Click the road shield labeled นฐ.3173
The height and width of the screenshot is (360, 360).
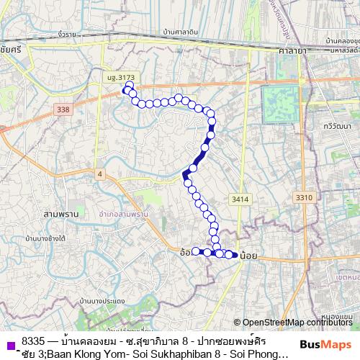(x=120, y=78)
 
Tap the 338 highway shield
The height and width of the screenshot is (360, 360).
(x=63, y=109)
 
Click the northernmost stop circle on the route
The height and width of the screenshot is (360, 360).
(x=129, y=85)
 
